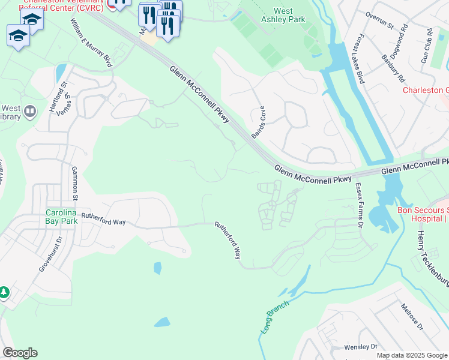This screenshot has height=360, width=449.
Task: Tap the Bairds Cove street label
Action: (258, 123)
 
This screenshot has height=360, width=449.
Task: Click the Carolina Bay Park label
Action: (62, 216)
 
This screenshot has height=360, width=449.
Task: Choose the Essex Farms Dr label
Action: (360, 206)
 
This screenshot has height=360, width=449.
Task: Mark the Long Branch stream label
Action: (275, 317)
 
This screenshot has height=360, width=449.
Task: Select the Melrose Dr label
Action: (413, 316)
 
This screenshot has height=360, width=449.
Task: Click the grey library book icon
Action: (29, 111)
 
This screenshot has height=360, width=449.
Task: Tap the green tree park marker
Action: (4, 292)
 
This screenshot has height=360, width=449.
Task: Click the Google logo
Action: (20, 353)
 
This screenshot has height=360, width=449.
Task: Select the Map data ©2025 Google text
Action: (412, 355)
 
